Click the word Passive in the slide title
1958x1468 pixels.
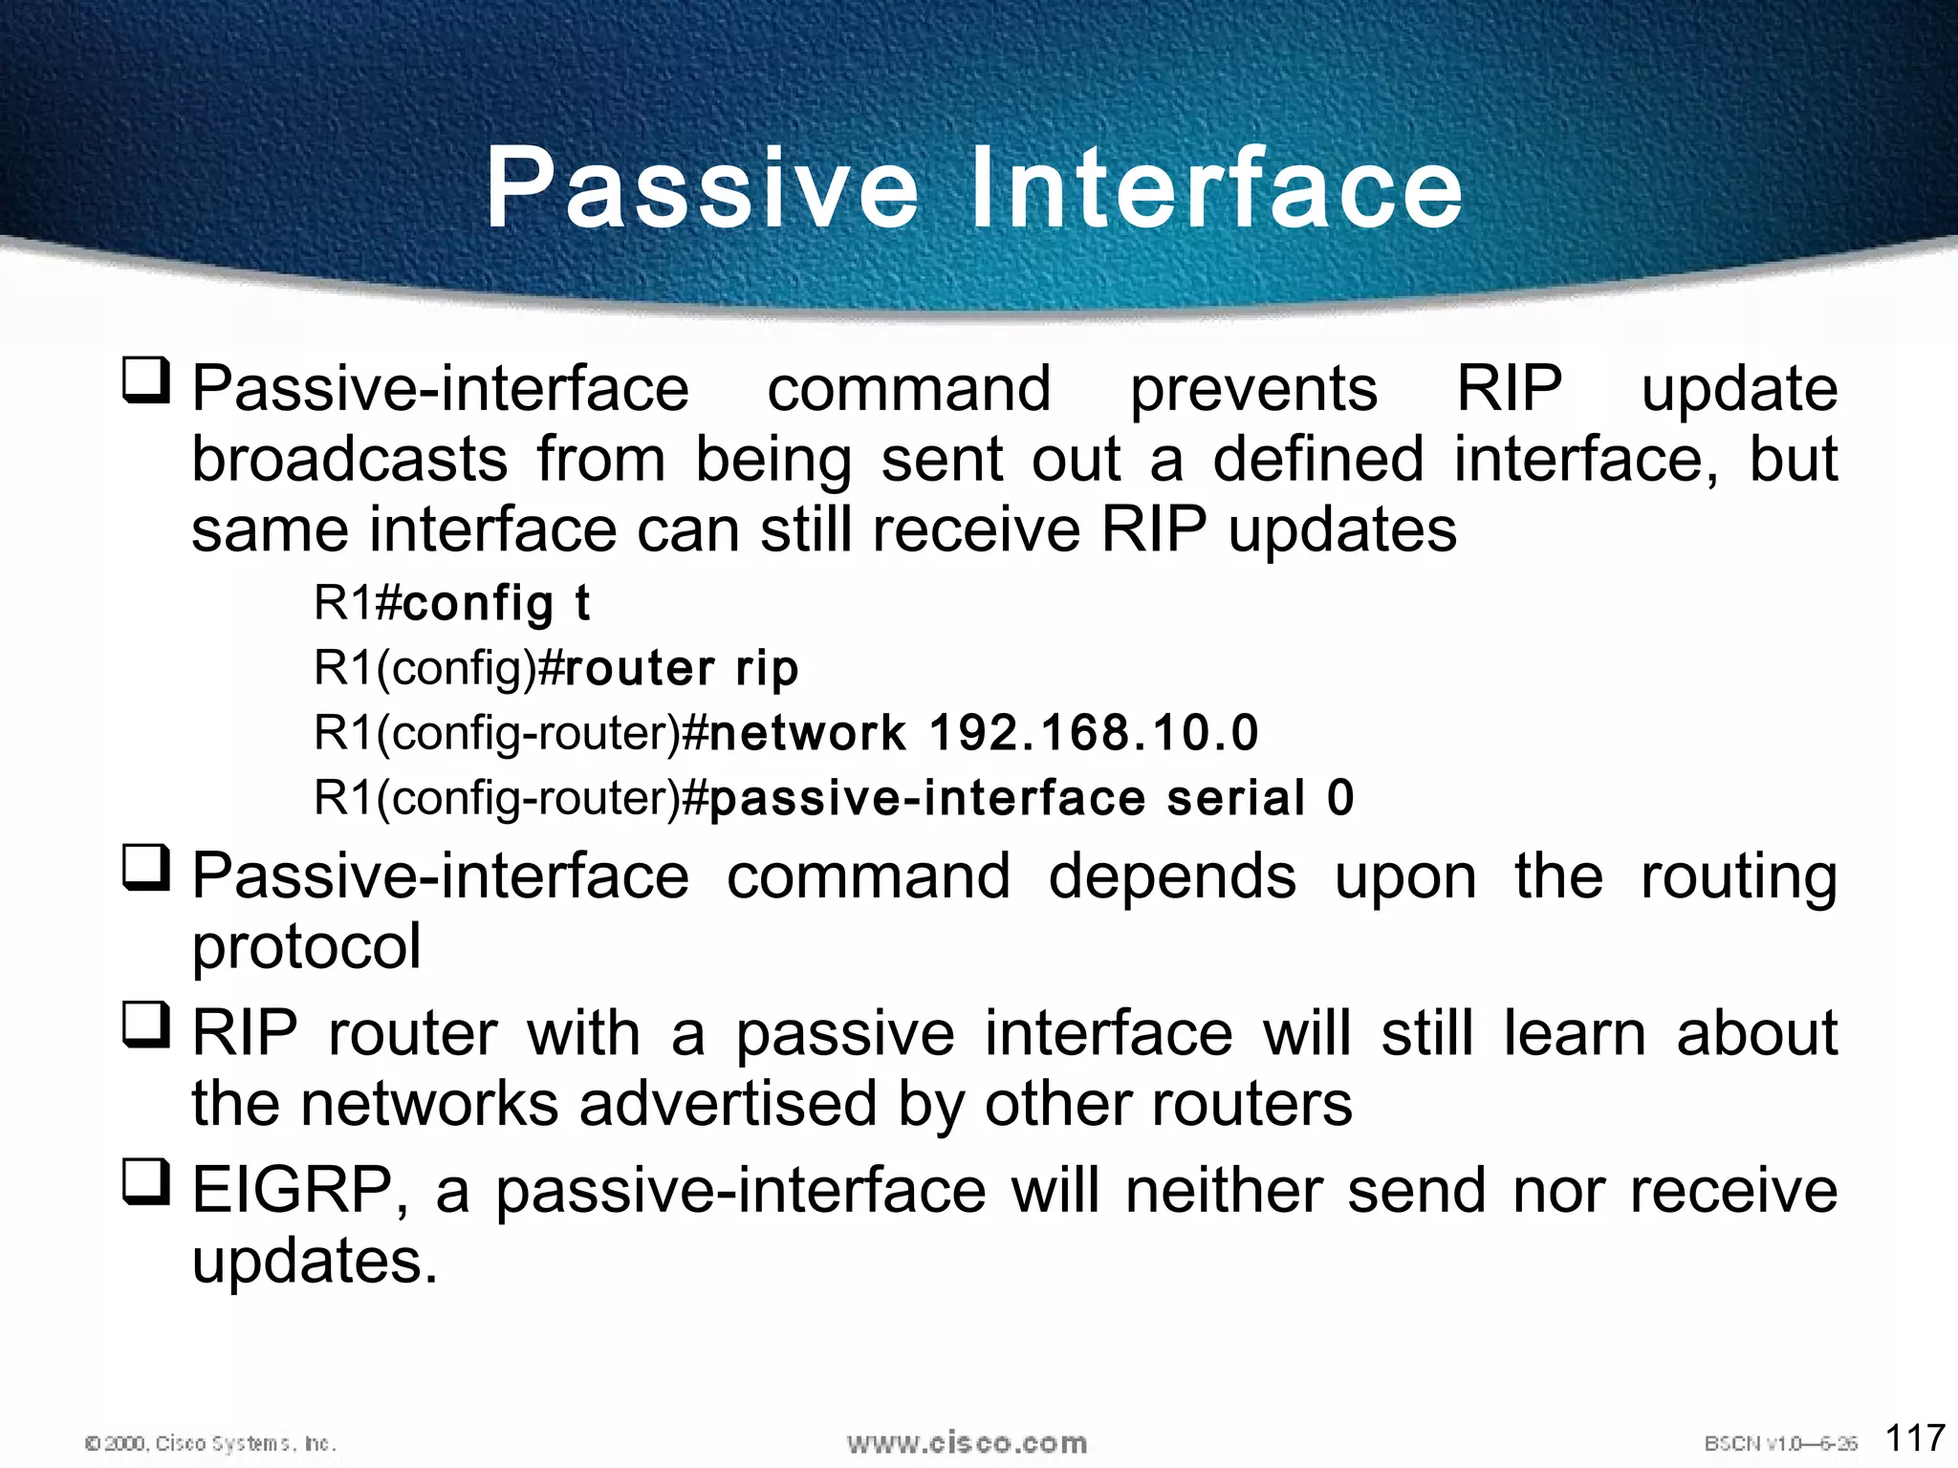tap(703, 188)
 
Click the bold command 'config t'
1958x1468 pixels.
tap(496, 604)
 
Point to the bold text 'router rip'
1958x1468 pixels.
tap(682, 668)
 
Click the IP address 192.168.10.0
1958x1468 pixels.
tap(1094, 733)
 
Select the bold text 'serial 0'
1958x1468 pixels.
tap(1260, 798)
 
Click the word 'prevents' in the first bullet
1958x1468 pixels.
tap(1253, 390)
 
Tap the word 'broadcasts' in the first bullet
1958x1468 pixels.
tap(350, 460)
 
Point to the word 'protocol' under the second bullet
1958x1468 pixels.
tap(306, 947)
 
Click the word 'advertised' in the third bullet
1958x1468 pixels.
tap(728, 1104)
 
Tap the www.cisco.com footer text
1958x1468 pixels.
tap(967, 1443)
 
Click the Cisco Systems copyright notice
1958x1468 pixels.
tap(210, 1443)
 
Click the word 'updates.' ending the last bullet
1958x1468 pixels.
tap(315, 1262)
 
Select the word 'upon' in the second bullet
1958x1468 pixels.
tap(1404, 876)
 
